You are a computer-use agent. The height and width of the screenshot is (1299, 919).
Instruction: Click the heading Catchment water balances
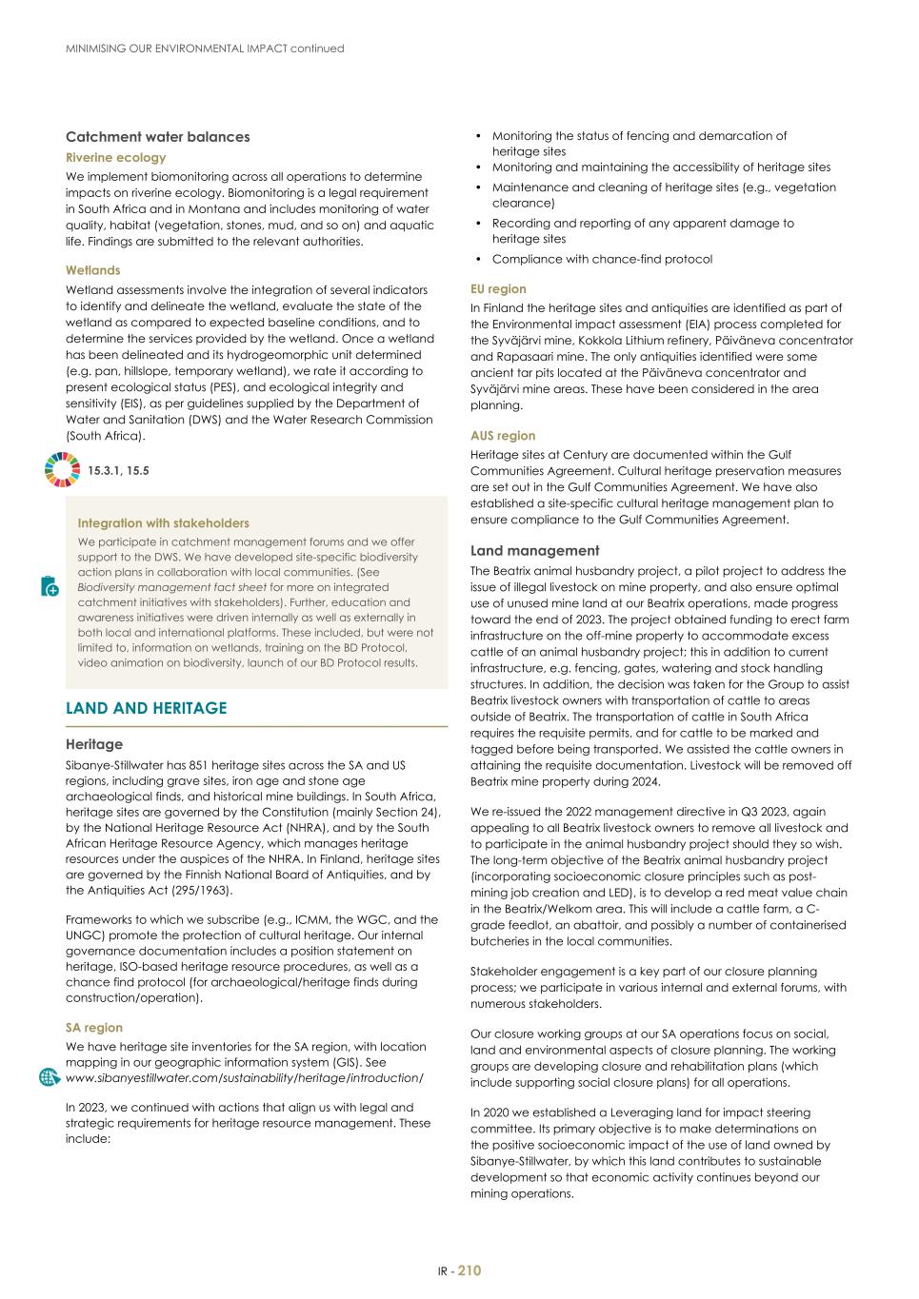pos(157,137)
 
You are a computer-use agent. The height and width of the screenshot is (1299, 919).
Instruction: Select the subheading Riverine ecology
pos(115,158)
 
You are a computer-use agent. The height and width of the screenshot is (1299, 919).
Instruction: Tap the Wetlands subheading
pos(92,270)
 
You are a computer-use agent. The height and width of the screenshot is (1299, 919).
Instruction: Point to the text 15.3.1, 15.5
pos(118,470)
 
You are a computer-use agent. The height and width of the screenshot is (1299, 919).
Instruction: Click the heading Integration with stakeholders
pos(163,523)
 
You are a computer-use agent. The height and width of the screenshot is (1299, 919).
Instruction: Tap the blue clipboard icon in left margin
pos(50,586)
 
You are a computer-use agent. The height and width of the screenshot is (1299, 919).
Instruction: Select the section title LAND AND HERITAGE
pos(146,708)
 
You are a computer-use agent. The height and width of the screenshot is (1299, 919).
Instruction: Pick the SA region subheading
pos(93,1028)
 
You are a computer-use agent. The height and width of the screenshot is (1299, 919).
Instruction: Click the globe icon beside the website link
pos(50,1077)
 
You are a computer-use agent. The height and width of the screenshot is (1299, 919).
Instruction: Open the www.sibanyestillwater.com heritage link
pos(244,1078)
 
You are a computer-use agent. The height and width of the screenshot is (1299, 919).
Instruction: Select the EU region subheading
pos(498,289)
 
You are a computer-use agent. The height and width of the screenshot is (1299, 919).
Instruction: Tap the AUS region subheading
pos(503,436)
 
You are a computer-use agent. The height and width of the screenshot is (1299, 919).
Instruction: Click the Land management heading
pos(534,551)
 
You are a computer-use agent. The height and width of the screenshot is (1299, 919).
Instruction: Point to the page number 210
pos(469,1270)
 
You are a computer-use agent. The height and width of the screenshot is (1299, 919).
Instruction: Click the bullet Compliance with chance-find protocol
pos(602,259)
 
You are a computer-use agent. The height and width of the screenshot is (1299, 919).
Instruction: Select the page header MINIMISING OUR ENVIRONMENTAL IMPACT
pos(205,49)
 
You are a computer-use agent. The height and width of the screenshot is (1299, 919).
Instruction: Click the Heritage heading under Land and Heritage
pos(94,744)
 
